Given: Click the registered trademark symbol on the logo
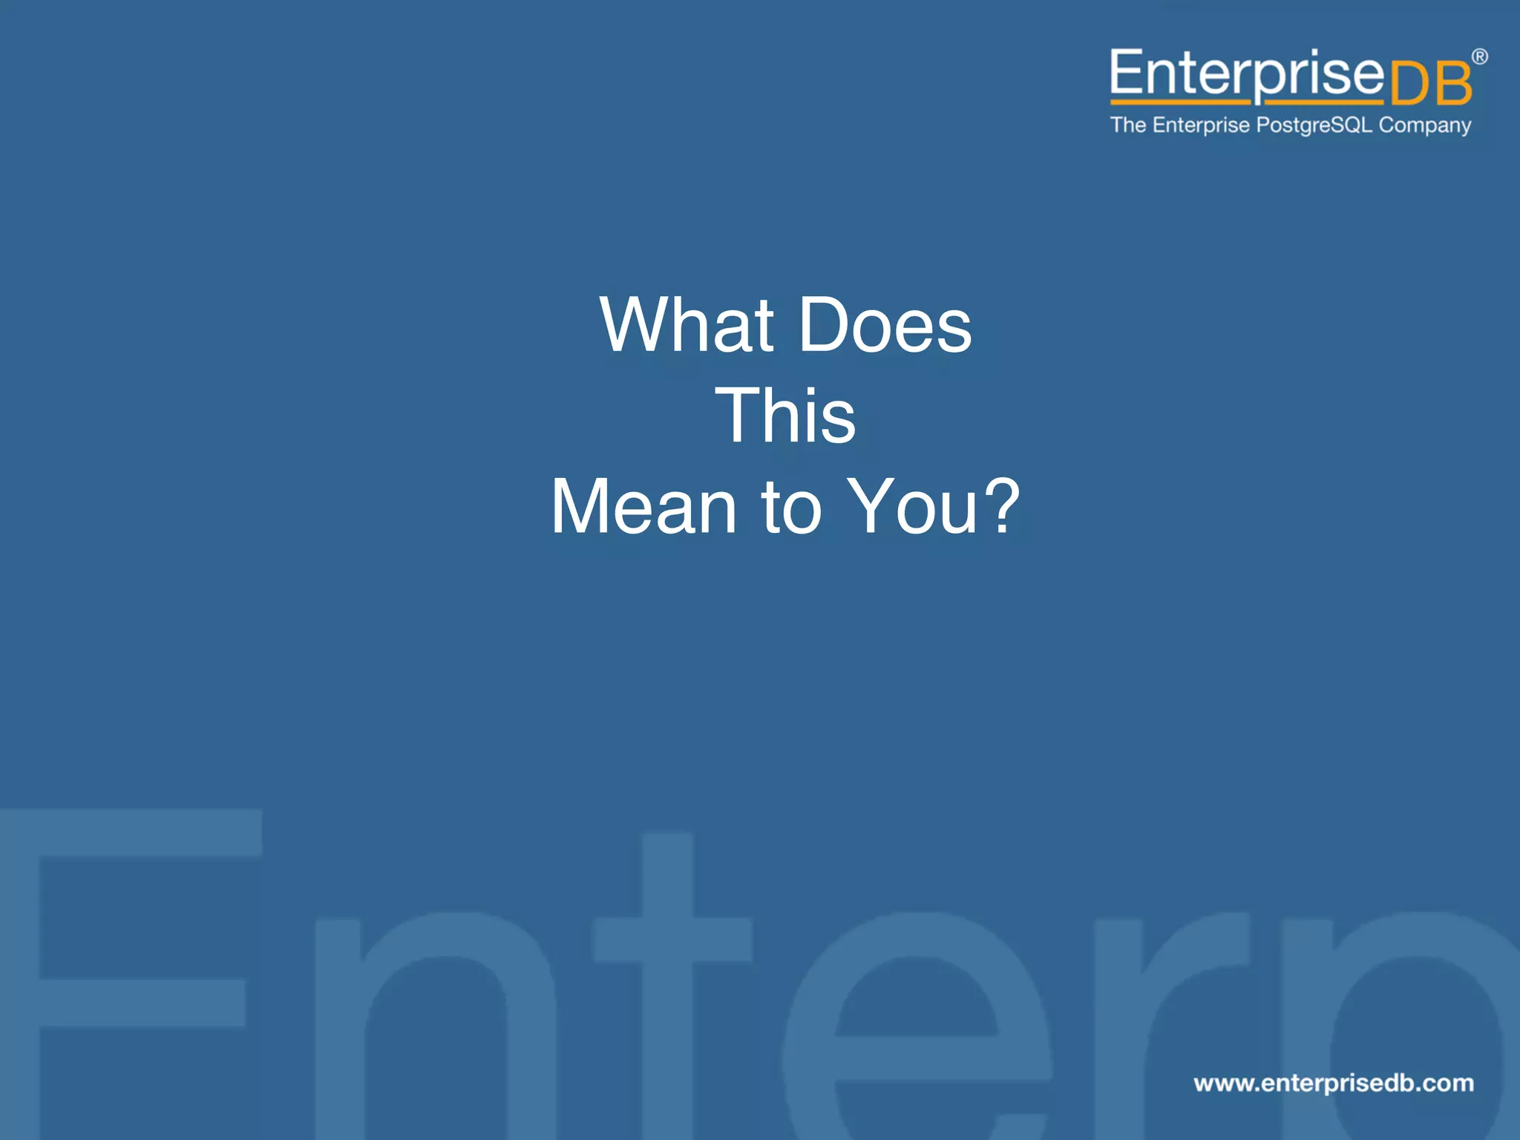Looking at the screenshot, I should (1479, 56).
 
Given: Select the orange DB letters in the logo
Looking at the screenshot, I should (1429, 84).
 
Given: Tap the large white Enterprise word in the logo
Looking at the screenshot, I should (1247, 73).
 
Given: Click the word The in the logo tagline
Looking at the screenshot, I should (1128, 125).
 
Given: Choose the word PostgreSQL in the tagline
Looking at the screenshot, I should (1314, 125).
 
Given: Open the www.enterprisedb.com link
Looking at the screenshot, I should (1334, 1083).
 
